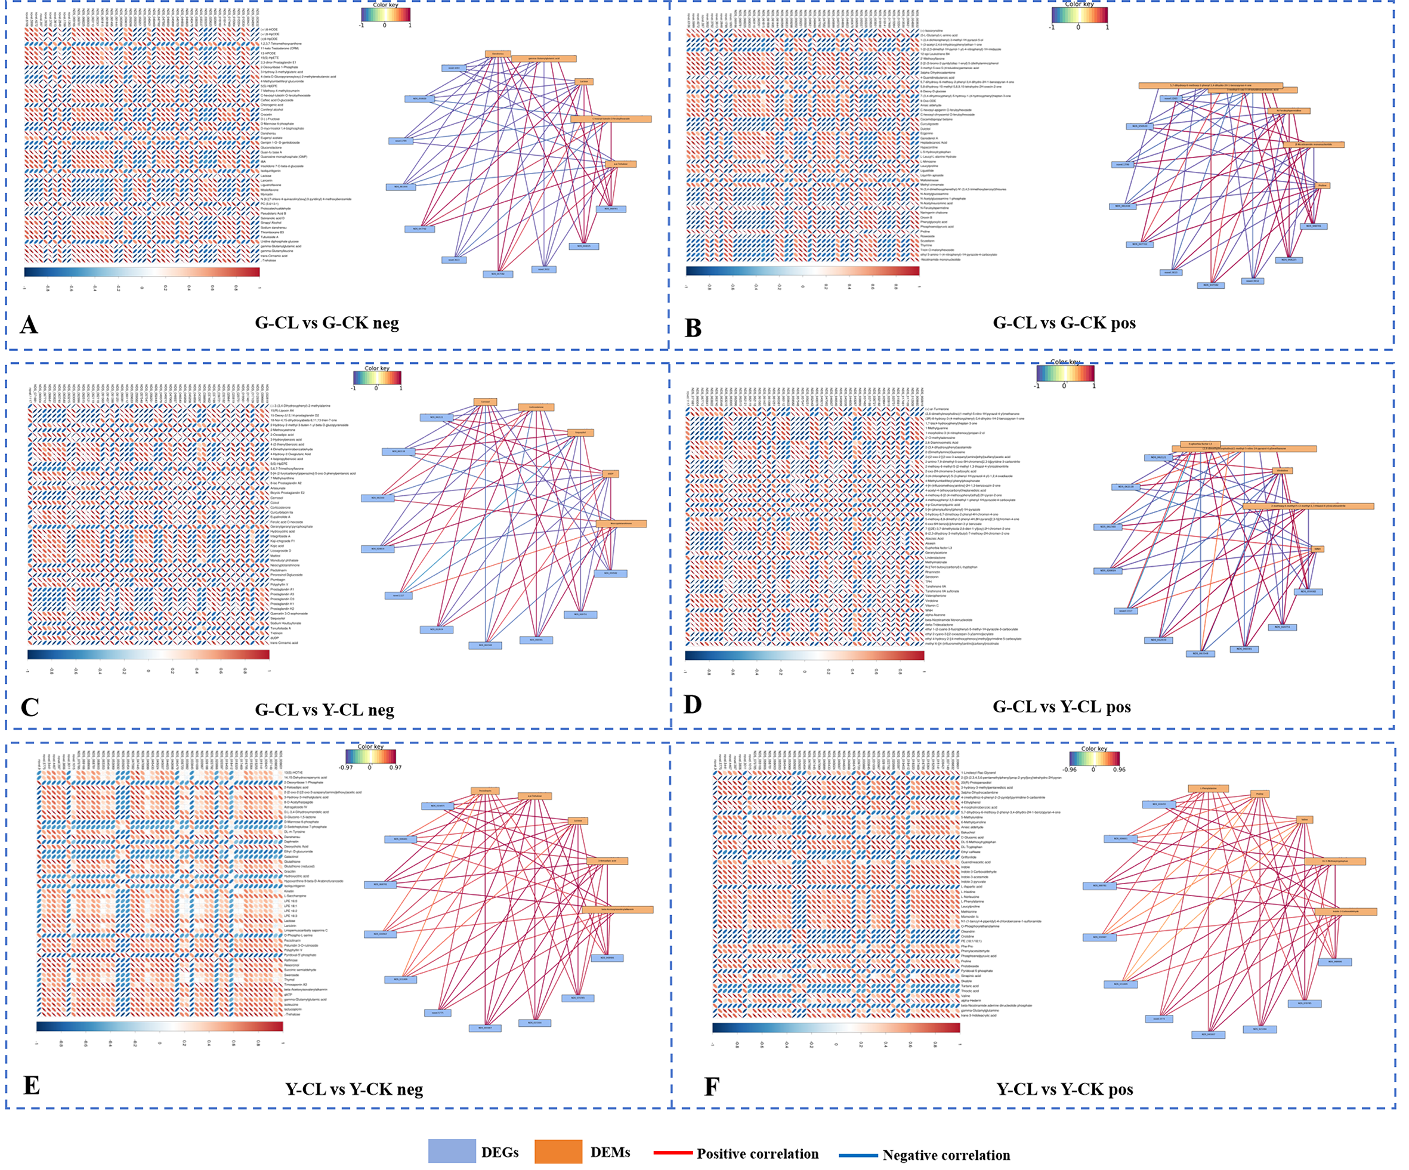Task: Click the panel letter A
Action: tap(29, 325)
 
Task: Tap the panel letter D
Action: tap(693, 704)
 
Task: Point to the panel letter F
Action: tap(711, 1086)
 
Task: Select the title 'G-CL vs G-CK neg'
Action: tap(327, 323)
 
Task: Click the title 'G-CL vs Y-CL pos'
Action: tap(1061, 707)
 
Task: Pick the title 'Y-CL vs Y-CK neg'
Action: tap(354, 1089)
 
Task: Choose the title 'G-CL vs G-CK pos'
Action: tap(1064, 323)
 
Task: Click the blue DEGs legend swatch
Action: tap(452, 1150)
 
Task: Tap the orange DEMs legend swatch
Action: tap(558, 1151)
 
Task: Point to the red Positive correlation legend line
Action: tap(673, 1153)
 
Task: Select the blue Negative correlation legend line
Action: tap(858, 1155)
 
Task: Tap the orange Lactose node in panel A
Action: tap(585, 81)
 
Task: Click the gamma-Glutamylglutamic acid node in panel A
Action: tap(543, 58)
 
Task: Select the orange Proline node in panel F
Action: tap(1259, 794)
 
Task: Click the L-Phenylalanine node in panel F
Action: tap(1209, 789)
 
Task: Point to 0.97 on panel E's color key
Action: tap(395, 767)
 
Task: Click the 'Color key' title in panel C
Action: tap(376, 368)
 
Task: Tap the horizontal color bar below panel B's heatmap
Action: tap(802, 270)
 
